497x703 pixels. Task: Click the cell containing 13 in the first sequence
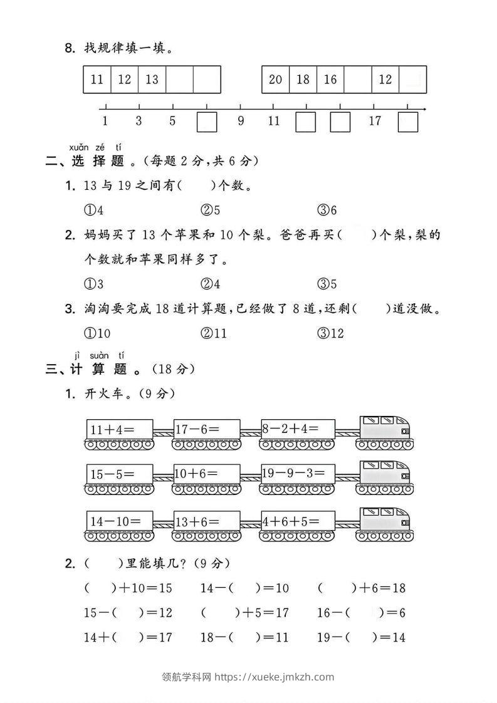pos(152,80)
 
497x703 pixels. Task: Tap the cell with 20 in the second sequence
pos(275,80)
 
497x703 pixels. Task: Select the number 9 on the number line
pos(241,122)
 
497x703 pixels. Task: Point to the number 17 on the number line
pos(375,122)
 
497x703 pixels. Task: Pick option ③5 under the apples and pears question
pos(327,284)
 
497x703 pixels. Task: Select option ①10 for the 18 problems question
pos(97,333)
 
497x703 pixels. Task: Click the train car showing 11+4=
pos(119,430)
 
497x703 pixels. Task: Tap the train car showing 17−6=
pos(206,430)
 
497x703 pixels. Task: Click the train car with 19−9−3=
pos(298,474)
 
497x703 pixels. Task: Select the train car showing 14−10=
pos(119,520)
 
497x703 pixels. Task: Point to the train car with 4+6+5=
pos(298,520)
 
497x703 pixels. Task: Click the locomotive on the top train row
pos(384,430)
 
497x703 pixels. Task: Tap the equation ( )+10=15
pos(128,588)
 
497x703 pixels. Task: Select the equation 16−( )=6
pos(362,613)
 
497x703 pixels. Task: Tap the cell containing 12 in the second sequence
pos(385,80)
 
